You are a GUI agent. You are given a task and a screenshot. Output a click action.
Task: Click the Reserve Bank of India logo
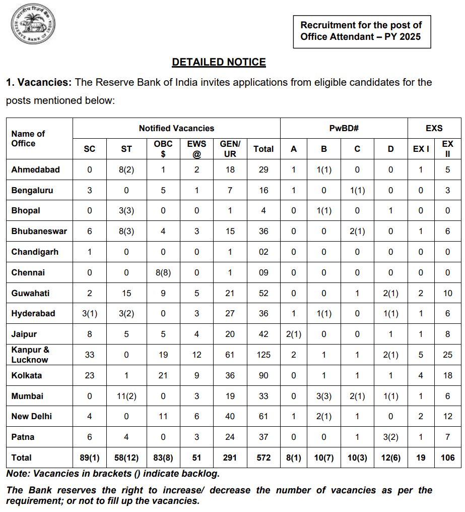[x=33, y=25]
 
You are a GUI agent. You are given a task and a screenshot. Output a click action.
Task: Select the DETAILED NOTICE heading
[x=219, y=62]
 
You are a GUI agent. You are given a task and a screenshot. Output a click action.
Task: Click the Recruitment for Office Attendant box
[x=361, y=31]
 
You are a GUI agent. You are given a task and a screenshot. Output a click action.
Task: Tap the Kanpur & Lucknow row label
[x=30, y=355]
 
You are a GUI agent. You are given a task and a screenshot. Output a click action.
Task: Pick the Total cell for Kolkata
[x=263, y=375]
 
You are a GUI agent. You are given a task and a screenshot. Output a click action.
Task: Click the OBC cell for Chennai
[x=163, y=272]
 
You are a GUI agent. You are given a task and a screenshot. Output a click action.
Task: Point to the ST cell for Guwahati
[x=126, y=293]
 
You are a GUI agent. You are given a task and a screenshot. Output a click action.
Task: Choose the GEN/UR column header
[x=230, y=149]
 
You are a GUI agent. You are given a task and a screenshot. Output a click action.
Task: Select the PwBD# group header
[x=343, y=128]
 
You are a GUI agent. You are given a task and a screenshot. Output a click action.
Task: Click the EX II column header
[x=447, y=149]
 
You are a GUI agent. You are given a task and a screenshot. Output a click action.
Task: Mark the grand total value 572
[x=263, y=458]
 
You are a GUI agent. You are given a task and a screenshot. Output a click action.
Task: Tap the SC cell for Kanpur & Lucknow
[x=90, y=355]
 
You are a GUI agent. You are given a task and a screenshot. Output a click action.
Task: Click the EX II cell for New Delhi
[x=447, y=416]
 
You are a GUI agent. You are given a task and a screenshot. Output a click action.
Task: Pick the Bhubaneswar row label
[x=39, y=231]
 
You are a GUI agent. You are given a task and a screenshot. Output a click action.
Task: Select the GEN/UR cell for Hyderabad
[x=230, y=313]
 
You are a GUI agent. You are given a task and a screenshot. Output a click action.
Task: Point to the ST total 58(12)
[x=126, y=458]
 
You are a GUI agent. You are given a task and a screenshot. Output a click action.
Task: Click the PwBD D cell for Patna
[x=390, y=437]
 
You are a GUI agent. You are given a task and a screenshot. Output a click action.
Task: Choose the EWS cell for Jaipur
[x=196, y=334]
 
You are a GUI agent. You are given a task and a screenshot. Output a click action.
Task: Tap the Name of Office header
[x=28, y=139]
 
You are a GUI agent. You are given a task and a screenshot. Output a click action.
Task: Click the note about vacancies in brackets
[x=113, y=474]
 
